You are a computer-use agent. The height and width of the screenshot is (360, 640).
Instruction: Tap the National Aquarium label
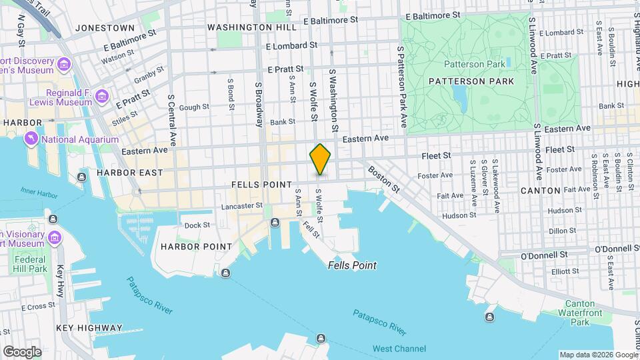(79, 139)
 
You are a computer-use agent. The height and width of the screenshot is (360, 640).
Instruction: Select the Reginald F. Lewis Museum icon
(101, 97)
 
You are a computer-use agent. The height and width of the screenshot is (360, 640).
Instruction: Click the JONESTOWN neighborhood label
(105, 28)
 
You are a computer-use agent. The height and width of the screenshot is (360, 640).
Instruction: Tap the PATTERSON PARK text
(471, 81)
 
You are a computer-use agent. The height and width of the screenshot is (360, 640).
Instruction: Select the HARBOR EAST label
(129, 173)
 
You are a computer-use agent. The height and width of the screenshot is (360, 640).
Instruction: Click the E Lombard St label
(291, 46)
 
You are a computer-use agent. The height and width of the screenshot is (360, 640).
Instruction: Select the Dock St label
(197, 225)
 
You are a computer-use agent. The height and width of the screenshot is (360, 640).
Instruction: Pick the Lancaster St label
(243, 206)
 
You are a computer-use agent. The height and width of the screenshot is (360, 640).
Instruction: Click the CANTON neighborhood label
(540, 191)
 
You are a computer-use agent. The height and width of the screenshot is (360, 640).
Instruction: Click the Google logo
(22, 351)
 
